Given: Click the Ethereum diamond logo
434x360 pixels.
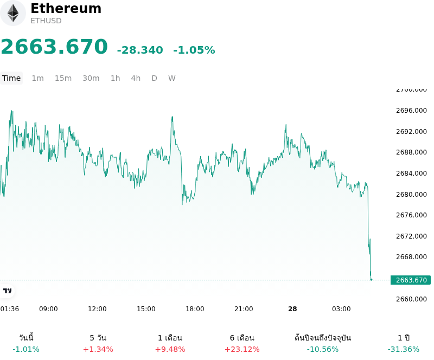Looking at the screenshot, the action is point(12,13).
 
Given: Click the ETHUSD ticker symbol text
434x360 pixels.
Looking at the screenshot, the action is point(46,21).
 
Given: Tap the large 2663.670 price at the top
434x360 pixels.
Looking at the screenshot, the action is point(54,47).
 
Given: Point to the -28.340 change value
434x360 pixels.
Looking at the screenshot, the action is point(140,50).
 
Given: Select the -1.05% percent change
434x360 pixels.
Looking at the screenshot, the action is point(194,50).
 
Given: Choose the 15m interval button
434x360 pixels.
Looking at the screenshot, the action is point(63,78).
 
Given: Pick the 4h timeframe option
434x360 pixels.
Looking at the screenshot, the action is point(136,78).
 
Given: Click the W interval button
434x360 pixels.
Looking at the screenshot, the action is point(171,78).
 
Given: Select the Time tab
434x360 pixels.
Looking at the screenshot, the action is point(11,78).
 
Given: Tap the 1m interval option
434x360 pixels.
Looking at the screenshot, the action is point(37,78).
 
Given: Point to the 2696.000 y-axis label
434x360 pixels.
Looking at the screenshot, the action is point(411,111).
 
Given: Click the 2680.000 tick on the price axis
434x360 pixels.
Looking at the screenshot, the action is point(411,194).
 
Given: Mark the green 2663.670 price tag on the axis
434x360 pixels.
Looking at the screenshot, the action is point(411,280).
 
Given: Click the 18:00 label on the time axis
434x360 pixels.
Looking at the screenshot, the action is point(195,309).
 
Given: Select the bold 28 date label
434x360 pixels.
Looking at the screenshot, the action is point(292,309).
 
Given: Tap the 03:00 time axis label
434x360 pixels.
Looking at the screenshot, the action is point(341,309).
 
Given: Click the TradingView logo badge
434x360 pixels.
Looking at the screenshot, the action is point(7,291).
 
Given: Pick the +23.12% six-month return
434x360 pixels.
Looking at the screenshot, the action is point(242,349).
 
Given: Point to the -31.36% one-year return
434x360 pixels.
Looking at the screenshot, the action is point(404,349).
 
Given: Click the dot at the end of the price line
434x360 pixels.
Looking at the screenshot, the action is point(371,280).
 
